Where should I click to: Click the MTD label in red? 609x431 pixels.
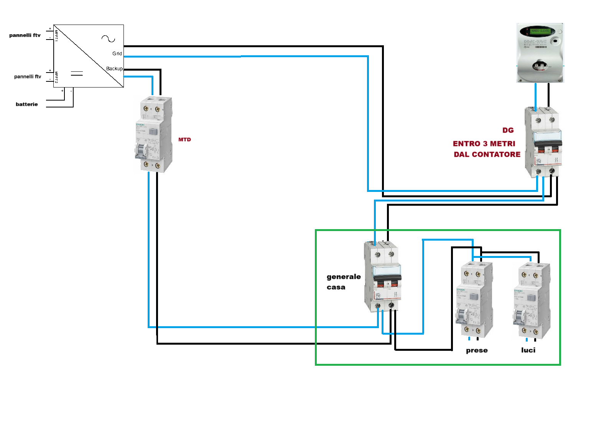tap(184, 140)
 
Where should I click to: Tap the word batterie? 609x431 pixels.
tap(27, 104)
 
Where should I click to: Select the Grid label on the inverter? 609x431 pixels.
tap(117, 54)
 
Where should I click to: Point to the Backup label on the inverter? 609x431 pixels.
tap(114, 69)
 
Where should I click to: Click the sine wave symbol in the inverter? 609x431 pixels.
tap(108, 38)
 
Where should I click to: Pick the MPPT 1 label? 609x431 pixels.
tap(56, 35)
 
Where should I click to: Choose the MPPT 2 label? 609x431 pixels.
tap(56, 77)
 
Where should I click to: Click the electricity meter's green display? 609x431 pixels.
tap(540, 31)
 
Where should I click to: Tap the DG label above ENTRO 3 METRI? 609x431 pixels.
tap(508, 130)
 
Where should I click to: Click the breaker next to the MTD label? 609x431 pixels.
tap(153, 134)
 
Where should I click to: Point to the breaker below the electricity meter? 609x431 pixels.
tap(543, 142)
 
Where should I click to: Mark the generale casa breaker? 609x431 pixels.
tap(382, 276)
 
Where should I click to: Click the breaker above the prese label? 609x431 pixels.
tap(474, 299)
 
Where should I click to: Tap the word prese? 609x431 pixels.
tap(477, 350)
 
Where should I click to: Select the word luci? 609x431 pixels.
tap(528, 350)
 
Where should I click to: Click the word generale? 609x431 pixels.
tap(344, 277)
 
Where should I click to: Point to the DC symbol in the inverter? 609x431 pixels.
tap(77, 73)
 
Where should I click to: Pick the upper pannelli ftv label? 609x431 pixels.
tap(25, 35)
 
